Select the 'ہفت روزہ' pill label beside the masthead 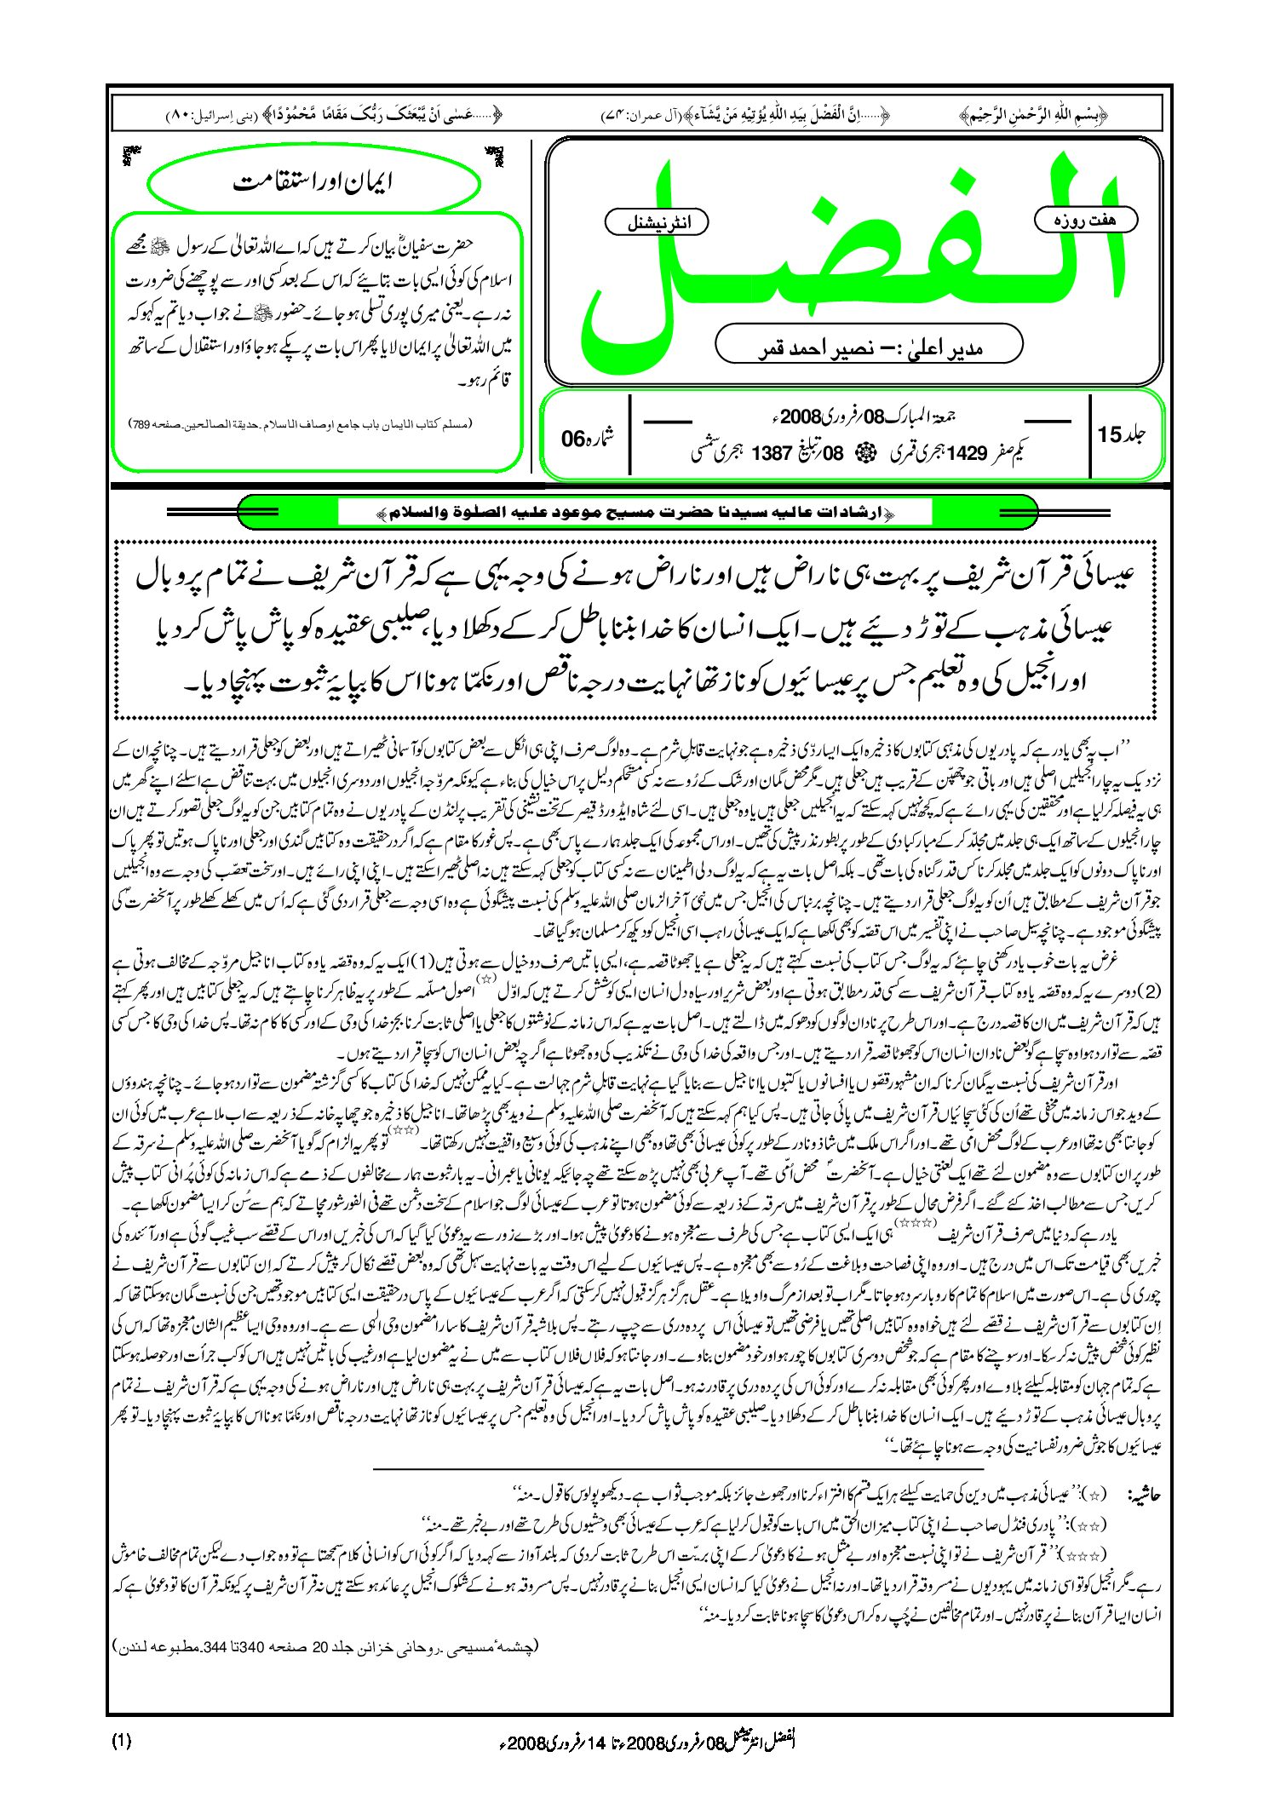(1085, 220)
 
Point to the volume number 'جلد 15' (1122, 435)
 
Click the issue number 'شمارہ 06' (588, 438)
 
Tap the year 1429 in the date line (966, 453)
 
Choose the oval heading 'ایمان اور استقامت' (313, 182)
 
